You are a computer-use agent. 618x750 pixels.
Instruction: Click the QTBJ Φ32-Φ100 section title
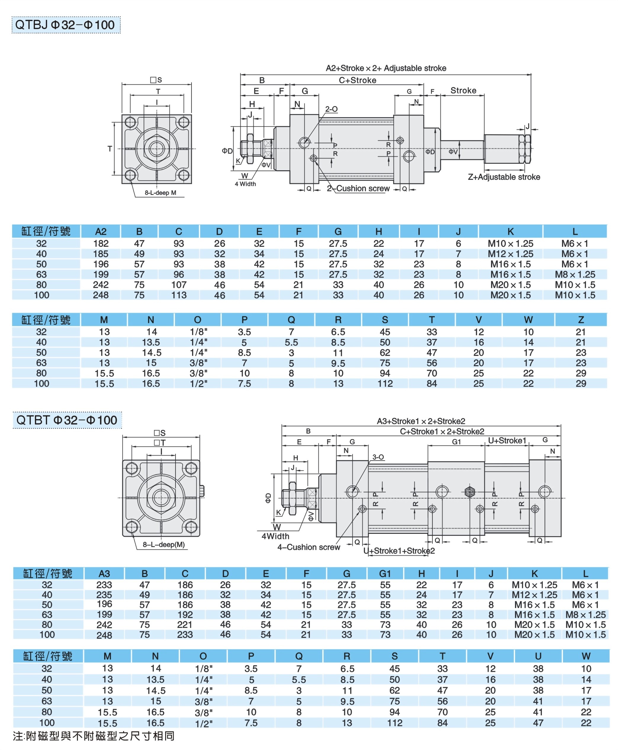pos(66,25)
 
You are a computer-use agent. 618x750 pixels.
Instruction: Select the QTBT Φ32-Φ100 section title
pos(67,420)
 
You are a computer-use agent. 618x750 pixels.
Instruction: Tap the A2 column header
pos(101,232)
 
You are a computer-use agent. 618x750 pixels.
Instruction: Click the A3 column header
pos(104,574)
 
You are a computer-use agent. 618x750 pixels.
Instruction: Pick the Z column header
pos(581,320)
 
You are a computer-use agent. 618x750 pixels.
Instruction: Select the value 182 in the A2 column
pos(101,244)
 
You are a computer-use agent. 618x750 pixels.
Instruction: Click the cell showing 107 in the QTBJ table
pos(179,285)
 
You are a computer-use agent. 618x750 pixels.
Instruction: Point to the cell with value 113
pos(179,295)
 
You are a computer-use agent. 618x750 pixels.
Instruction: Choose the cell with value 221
pos(185,625)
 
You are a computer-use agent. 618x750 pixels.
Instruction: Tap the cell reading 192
pos(185,615)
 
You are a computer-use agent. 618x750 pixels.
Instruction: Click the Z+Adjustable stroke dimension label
pos(504,177)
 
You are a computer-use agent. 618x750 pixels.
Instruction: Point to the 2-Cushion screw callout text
pos(358,188)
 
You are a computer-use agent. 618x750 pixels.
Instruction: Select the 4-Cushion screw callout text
pos(309,547)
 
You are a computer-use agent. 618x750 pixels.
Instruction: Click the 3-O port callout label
pos(378,457)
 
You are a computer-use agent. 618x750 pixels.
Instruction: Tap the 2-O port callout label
pos(331,109)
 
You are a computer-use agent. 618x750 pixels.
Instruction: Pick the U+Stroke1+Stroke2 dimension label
pos(399,551)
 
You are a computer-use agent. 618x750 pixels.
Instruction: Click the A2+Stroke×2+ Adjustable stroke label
pos(386,68)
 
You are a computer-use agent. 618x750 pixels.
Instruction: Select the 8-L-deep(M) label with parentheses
pos(164,544)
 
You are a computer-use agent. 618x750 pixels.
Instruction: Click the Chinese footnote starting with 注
pos(94,736)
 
